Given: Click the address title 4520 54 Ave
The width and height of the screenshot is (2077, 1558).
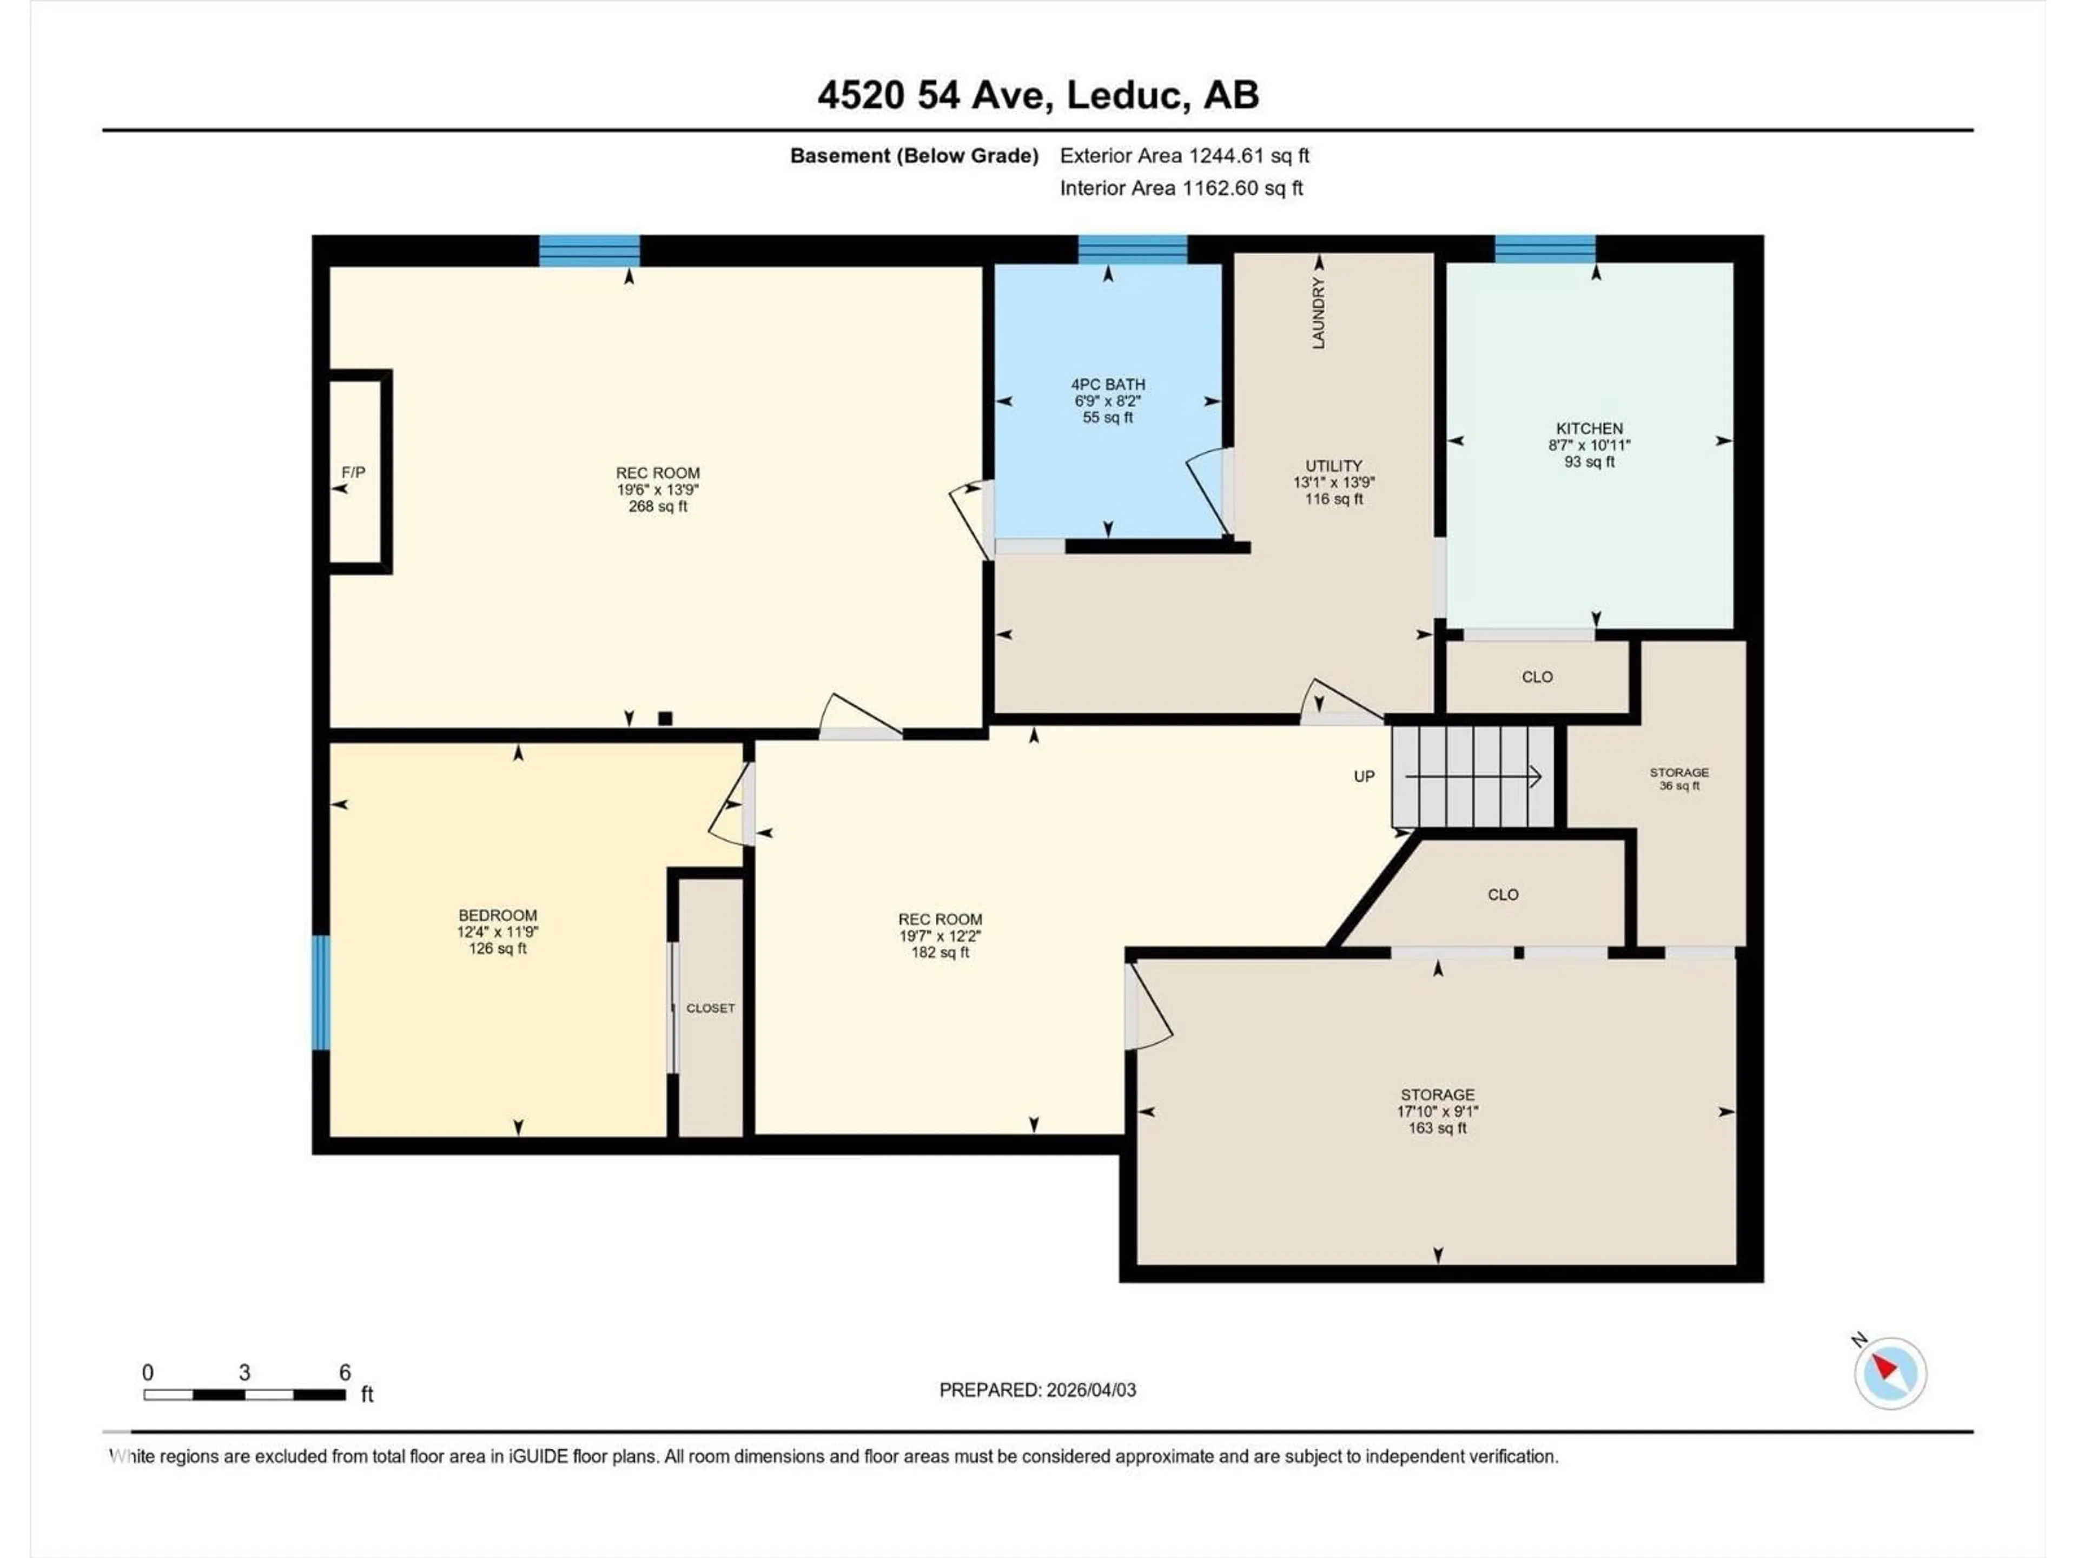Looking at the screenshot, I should (1037, 95).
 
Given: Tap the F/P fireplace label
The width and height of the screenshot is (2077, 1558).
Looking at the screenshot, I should (353, 472).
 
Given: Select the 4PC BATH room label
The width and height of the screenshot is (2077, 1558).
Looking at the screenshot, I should (1108, 384).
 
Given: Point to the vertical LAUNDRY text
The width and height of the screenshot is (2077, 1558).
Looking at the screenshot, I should (1318, 313).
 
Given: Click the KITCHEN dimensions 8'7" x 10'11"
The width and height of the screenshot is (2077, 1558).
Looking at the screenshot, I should (1589, 445).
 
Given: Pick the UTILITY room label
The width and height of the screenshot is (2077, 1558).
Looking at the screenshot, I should (1333, 466).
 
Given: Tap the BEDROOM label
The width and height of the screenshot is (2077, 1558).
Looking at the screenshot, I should (498, 915).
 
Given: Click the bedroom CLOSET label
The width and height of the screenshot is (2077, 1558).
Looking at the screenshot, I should (710, 1008).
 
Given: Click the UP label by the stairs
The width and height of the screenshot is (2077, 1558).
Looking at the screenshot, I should (1364, 777).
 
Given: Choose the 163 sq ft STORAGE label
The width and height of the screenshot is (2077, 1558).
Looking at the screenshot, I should (1437, 1111).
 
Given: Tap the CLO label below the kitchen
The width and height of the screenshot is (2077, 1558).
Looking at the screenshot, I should (1537, 677).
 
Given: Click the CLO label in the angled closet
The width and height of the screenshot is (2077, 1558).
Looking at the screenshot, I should (1503, 895).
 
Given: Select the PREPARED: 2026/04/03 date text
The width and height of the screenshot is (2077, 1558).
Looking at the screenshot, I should (1037, 1390).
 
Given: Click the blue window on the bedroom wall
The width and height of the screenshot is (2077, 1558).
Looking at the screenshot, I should (321, 993).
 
